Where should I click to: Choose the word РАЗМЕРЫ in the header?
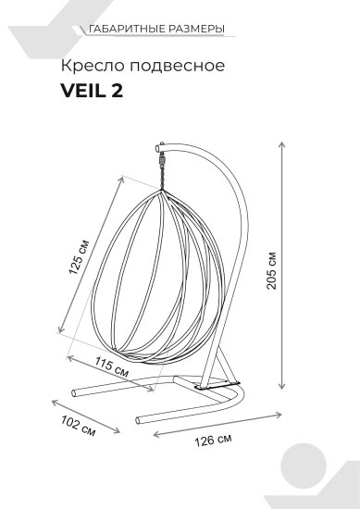(198, 30)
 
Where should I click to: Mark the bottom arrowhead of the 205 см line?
(283, 387)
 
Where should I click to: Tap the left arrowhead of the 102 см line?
(54, 401)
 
